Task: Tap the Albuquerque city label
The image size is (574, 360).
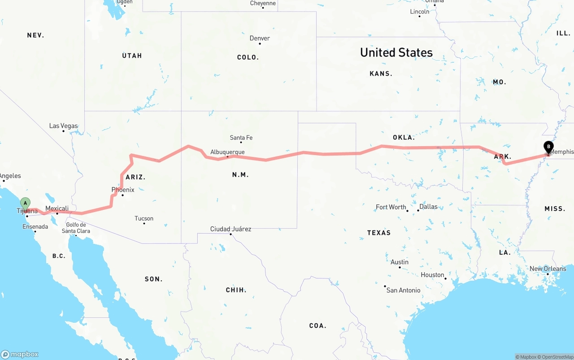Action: coord(227,152)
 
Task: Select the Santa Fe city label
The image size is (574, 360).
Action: coord(241,138)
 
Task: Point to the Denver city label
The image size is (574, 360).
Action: coord(260,39)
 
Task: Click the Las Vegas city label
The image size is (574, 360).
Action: coord(63,126)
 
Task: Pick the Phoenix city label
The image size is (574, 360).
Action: coord(123,190)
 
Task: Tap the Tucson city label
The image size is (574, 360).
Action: coord(144,219)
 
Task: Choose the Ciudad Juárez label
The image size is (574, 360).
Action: coord(230,229)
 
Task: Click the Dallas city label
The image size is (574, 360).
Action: coord(428,207)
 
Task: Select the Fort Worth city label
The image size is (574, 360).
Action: coord(391,207)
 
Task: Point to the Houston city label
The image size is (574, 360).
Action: coord(432,275)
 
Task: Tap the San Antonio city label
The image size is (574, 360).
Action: coord(403,290)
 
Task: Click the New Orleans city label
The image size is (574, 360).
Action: coord(548,269)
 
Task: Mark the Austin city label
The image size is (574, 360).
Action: coord(399,262)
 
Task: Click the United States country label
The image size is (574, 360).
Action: coord(396,52)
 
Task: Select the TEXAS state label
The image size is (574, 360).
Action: coord(379,233)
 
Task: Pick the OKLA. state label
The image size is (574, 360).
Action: coord(404,137)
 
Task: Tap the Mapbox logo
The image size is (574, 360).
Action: coord(20,354)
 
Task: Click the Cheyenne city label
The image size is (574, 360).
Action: coord(263,4)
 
